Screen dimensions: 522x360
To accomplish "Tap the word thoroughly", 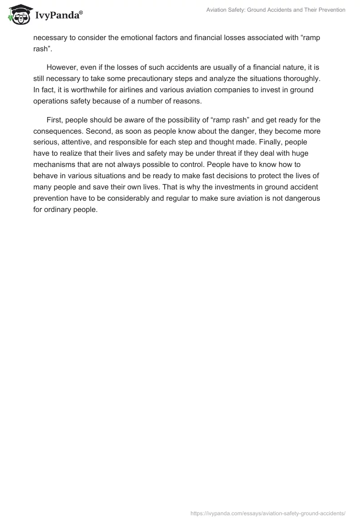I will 304,78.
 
